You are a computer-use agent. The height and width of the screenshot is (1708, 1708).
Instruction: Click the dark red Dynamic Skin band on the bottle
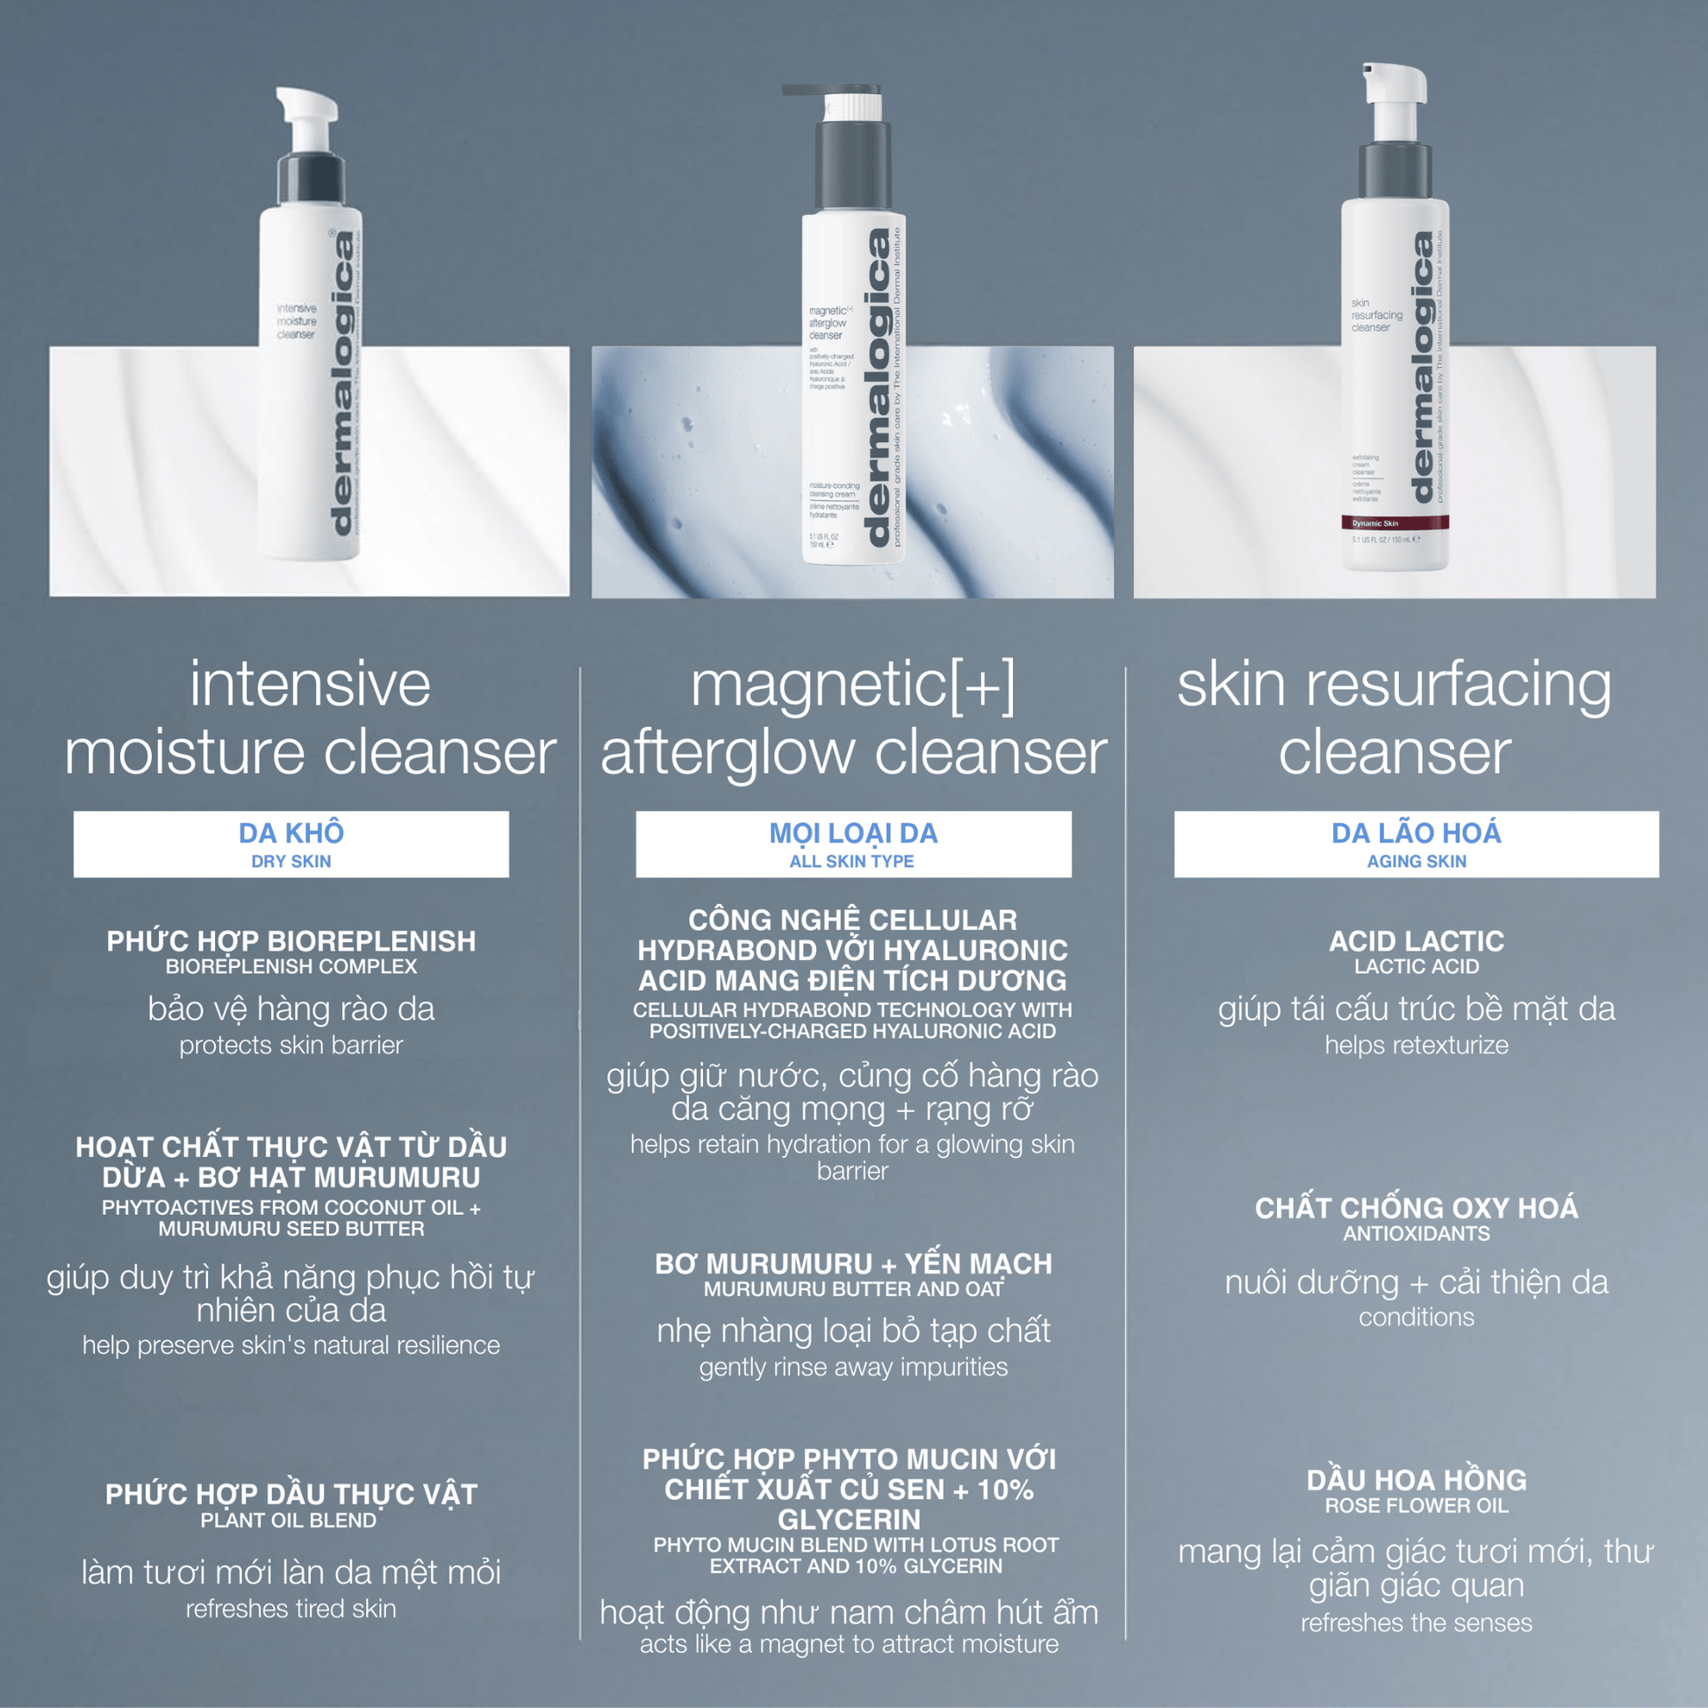point(1394,523)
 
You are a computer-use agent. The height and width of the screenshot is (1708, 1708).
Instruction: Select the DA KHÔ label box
point(291,843)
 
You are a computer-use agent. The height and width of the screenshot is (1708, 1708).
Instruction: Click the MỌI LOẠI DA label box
point(853,843)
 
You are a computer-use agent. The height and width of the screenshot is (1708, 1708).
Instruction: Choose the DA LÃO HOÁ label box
point(1416,843)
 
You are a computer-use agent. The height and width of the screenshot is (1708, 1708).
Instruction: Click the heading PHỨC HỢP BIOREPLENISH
point(291,941)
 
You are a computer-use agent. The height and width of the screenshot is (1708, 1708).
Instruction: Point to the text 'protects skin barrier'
point(291,1045)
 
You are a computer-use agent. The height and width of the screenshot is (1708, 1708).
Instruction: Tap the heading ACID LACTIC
point(1416,941)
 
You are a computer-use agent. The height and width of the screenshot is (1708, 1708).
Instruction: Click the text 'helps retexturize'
point(1416,1045)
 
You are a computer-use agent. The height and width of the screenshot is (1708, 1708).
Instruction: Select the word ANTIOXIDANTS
point(1416,1233)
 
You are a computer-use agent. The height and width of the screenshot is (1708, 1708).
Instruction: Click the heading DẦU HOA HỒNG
point(1416,1480)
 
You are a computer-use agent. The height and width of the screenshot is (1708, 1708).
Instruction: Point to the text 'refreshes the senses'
point(1416,1623)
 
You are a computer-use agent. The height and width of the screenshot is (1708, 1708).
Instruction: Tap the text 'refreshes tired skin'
point(291,1609)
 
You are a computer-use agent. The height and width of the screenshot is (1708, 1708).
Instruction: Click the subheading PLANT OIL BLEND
point(288,1520)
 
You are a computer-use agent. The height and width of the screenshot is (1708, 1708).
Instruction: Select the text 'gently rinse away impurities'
point(853,1367)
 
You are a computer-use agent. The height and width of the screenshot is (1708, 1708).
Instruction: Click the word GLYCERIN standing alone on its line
point(849,1519)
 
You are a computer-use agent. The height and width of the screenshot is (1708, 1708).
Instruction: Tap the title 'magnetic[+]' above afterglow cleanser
point(853,685)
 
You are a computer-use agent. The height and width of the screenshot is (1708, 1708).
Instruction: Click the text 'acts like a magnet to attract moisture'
point(849,1644)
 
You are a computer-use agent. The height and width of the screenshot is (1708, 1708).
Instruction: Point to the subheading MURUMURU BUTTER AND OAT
point(853,1289)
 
